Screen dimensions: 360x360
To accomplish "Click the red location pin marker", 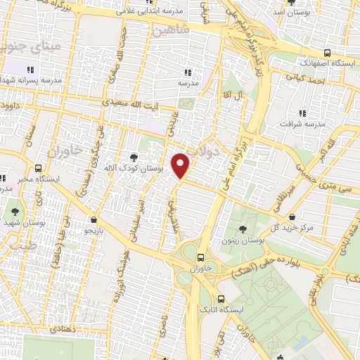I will [181, 166].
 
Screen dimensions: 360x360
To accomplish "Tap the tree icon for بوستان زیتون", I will [243, 229].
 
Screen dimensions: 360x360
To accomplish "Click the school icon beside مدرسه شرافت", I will [302, 112].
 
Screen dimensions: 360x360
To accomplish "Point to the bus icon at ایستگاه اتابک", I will [221, 298].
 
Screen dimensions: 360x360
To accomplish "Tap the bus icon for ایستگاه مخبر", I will [37, 168].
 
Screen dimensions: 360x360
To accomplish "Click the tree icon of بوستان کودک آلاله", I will [134, 157].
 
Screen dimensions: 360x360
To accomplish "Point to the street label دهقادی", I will [66, 328].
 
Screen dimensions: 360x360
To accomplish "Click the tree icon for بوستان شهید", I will [13, 210].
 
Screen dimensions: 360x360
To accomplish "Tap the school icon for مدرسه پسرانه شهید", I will [30, 70].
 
